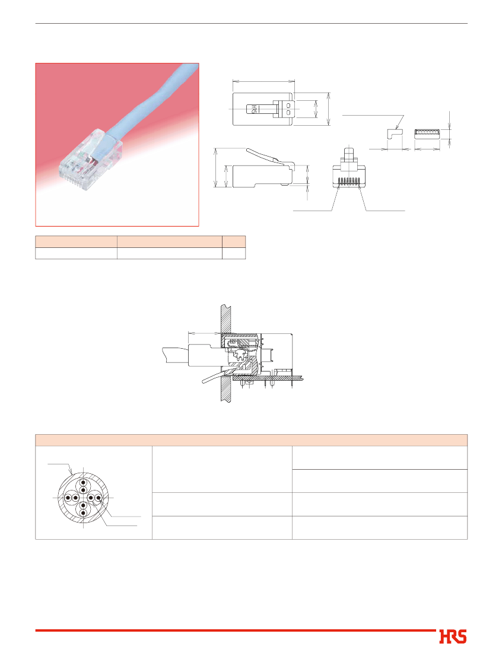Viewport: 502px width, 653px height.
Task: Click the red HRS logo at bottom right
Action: click(452, 637)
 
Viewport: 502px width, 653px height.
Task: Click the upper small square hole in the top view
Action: click(289, 106)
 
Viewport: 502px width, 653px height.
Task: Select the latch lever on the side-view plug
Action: click(262, 155)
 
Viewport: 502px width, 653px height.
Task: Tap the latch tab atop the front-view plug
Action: click(349, 156)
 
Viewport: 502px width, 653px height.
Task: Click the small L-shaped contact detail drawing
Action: click(395, 134)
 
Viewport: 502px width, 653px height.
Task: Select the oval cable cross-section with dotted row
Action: click(427, 134)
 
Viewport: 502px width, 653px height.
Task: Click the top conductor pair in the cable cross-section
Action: click(83, 486)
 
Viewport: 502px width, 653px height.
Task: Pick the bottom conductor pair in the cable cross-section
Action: click(83, 509)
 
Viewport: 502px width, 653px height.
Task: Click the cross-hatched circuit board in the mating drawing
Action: click(269, 378)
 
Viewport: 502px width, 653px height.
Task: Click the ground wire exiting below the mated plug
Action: click(217, 375)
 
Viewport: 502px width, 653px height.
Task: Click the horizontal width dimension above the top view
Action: click(263, 82)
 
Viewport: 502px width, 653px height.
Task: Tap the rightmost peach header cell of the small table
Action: click(234, 241)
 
